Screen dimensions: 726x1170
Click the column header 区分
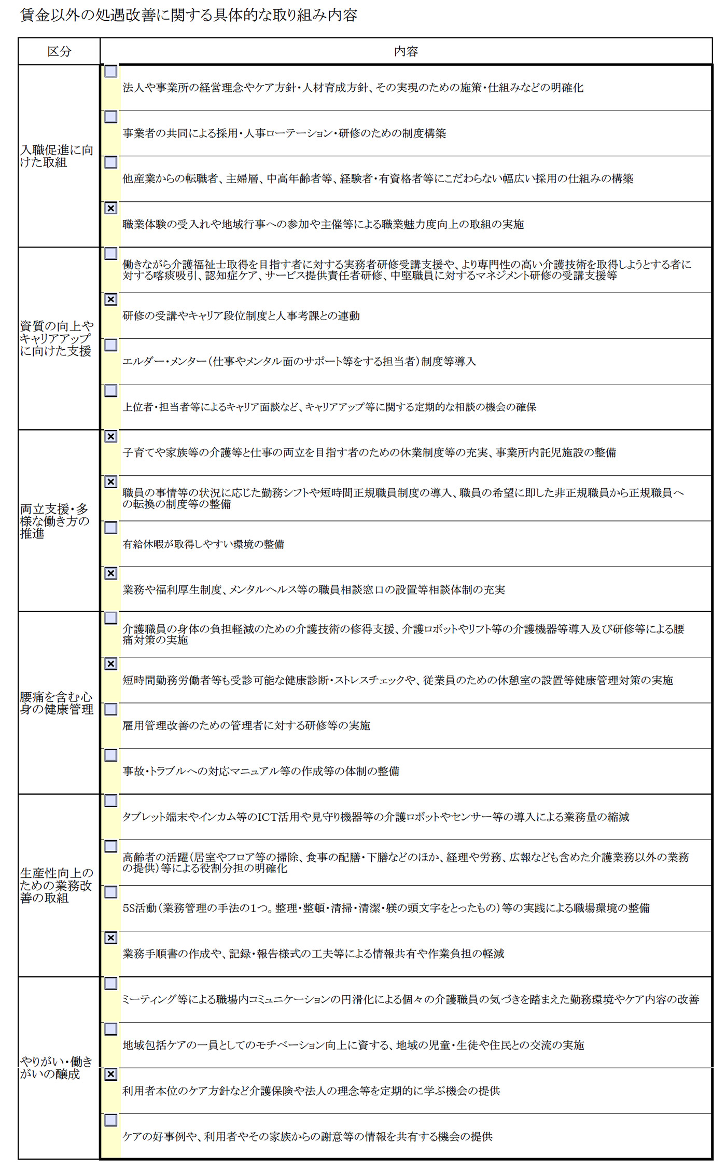59,51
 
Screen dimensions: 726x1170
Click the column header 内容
406,51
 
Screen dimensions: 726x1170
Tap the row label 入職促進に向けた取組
57,156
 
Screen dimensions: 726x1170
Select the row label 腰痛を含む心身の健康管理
57,703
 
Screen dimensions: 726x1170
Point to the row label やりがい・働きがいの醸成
57,1068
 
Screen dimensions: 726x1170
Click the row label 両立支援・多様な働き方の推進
54,521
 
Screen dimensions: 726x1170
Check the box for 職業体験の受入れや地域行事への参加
111,208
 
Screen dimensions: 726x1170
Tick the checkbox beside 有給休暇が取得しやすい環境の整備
111,528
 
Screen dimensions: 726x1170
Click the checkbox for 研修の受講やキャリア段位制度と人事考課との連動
111,299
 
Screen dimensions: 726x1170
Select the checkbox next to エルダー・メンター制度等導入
111,345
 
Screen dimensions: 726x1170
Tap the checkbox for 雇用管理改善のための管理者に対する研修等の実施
111,709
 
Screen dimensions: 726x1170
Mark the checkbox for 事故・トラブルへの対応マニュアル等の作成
111,755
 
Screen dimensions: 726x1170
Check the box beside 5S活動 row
111,892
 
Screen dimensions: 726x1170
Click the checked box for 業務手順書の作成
111,938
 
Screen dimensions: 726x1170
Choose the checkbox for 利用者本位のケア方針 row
111,1075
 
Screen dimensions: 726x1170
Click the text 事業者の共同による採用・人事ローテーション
284,133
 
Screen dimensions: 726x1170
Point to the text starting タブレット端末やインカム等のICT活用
375,817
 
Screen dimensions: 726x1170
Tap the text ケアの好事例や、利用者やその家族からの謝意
307,1137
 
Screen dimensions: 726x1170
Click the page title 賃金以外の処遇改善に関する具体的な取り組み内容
189,16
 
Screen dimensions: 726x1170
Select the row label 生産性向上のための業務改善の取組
57,885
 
